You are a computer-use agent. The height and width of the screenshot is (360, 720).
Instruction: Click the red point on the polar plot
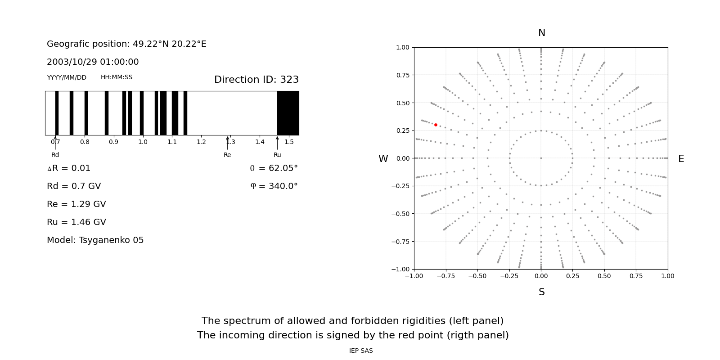coord(436,125)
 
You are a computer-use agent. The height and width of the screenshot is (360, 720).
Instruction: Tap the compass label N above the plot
coord(541,33)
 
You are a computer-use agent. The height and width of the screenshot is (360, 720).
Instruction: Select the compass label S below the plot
coord(541,292)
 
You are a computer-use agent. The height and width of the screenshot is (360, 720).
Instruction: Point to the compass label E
coord(681,159)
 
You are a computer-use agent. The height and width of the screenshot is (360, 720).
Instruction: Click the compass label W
coord(383,159)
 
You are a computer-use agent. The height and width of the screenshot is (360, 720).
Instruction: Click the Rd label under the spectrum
coord(55,155)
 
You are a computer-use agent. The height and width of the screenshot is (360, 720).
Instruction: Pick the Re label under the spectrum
coord(227,155)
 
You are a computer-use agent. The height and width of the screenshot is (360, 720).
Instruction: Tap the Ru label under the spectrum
coord(277,155)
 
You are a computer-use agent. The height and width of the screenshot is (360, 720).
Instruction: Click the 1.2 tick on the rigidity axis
coord(201,142)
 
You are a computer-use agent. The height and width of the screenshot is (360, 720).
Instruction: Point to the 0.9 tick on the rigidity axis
coord(113,142)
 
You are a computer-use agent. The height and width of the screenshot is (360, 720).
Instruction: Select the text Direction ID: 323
coord(256,80)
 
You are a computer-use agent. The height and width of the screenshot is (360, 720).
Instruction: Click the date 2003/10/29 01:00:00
coord(93,62)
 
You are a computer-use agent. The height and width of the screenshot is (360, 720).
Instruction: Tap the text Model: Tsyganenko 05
coord(95,240)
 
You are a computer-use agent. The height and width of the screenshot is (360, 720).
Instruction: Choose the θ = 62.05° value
coord(274,168)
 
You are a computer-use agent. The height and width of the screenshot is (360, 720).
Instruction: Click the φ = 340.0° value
coord(274,186)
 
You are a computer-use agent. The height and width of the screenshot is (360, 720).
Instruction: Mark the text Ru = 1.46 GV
coord(76,222)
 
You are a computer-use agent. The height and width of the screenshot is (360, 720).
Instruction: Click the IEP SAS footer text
coord(361,351)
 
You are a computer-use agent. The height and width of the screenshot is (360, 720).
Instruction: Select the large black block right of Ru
coord(288,113)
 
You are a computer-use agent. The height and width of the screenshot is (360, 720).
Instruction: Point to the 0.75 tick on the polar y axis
coord(402,75)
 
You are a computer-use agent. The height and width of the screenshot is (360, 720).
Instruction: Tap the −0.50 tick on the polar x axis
coord(477,276)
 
